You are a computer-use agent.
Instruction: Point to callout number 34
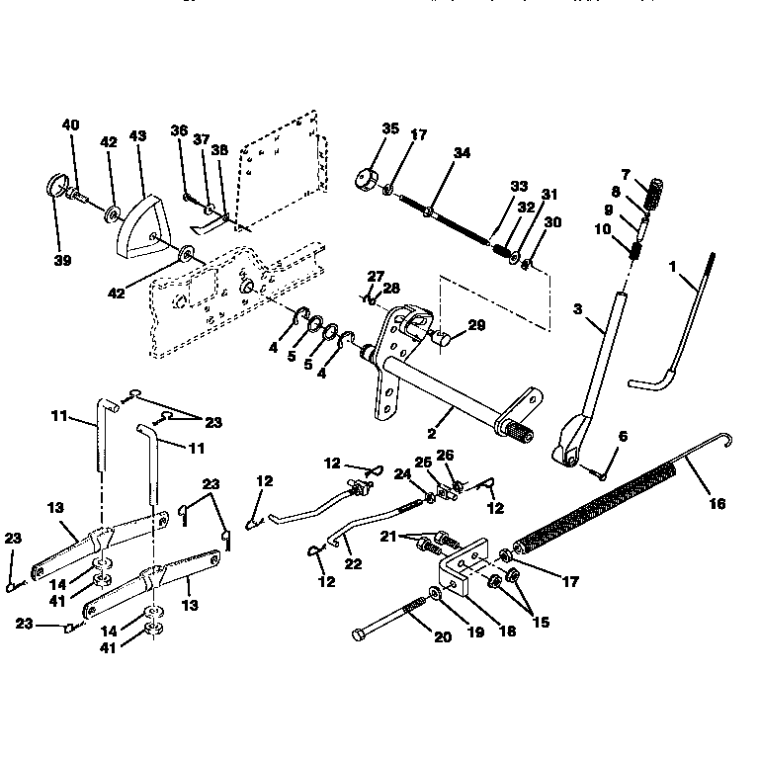tap(463, 152)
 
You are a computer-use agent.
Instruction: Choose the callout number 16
tap(717, 503)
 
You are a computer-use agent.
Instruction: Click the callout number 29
tap(477, 325)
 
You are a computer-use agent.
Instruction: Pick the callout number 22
tap(352, 564)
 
